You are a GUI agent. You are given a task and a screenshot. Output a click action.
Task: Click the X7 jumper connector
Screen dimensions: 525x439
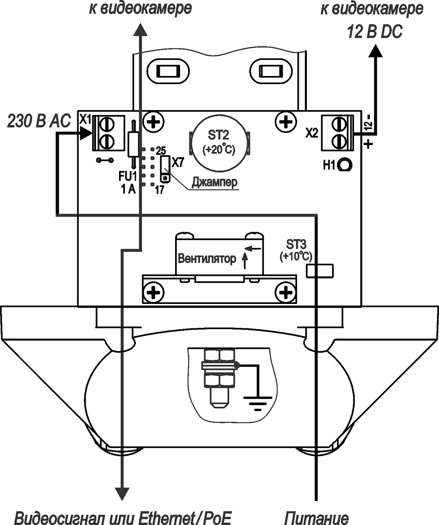[165, 169]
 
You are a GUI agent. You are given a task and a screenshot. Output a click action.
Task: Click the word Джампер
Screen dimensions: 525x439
[214, 182]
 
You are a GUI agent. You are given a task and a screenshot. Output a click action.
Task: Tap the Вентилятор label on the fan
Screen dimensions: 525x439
[207, 259]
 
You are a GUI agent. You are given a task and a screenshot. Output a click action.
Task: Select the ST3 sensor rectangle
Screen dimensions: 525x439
[320, 271]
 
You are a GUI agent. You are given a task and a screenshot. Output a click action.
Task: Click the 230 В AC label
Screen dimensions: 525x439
[39, 121]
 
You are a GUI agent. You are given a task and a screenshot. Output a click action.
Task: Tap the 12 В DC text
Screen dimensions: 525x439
[374, 32]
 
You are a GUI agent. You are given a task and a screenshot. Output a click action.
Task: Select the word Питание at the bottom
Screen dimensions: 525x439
[316, 518]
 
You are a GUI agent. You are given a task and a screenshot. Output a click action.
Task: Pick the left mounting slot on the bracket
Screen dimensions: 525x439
[167, 72]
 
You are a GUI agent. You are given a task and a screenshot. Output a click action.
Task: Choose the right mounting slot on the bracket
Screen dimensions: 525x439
[270, 72]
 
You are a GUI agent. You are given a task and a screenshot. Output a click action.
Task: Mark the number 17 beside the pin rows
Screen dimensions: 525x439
[159, 189]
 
